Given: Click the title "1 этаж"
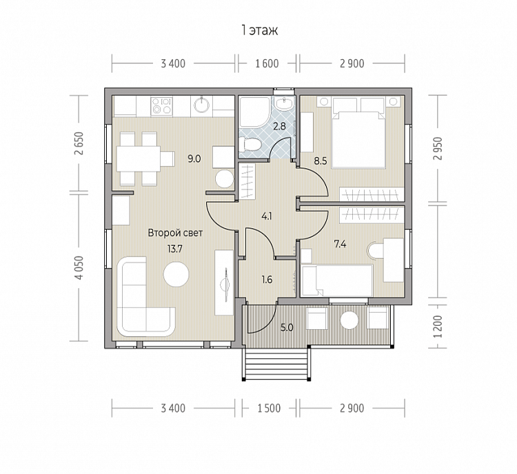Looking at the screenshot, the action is (260, 30).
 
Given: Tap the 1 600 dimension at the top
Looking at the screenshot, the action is (267, 63).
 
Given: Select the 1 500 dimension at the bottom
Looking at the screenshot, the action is (269, 409).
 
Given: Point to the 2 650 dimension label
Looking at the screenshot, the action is (79, 143).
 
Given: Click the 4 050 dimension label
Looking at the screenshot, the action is (79, 268).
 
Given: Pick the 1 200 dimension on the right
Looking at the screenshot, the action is (438, 327).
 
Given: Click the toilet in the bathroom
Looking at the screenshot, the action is (250, 144).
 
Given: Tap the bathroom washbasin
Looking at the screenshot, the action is (283, 103).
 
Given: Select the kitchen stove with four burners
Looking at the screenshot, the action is (161, 106).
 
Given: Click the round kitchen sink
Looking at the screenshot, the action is (202, 105).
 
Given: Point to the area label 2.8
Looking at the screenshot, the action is (279, 126).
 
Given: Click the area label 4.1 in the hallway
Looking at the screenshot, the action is (266, 216).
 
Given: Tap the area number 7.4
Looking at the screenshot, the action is (340, 245).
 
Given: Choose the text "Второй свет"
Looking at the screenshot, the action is (175, 233).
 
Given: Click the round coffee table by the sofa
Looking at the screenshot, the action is (176, 274).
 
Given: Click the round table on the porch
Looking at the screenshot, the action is (349, 320).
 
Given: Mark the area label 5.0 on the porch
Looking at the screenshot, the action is (287, 328).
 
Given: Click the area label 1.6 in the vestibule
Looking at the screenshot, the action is (267, 280).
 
